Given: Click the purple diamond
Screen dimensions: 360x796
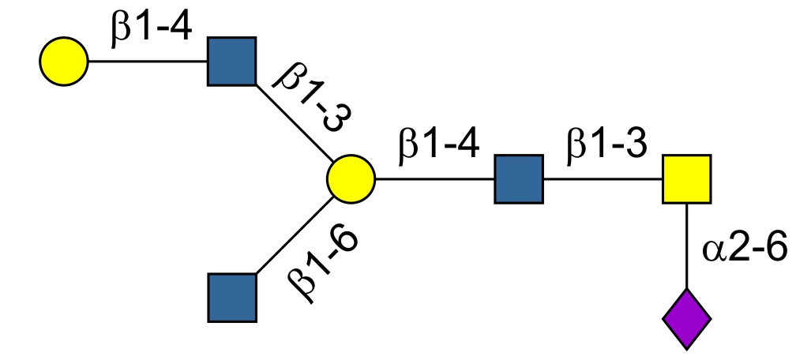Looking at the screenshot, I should click(686, 319).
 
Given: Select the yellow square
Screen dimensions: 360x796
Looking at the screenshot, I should click(686, 178).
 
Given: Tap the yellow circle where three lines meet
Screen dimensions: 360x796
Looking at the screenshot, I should click(351, 178).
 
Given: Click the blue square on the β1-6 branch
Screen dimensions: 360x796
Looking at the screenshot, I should click(232, 298).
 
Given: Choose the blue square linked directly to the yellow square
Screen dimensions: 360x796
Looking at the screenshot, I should click(519, 178).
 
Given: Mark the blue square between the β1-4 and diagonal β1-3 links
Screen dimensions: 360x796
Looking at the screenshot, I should click(232, 61).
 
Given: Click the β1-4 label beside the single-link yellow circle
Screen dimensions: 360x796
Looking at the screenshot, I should click(150, 32).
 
